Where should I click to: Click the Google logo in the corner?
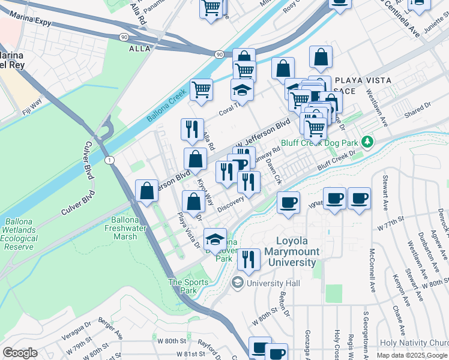pyautogui.click(x=20, y=353)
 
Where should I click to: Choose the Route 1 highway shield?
pyautogui.click(x=109, y=160)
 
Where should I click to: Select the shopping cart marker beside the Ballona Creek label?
pyautogui.click(x=202, y=89)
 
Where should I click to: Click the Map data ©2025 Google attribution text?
pyautogui.click(x=411, y=355)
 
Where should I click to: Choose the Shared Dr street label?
pyautogui.click(x=418, y=106)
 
